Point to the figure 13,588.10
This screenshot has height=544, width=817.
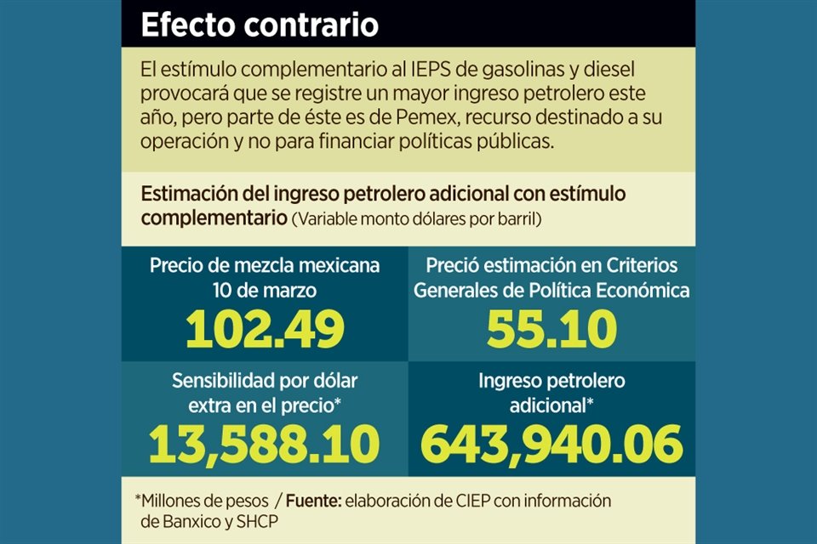click(x=265, y=442)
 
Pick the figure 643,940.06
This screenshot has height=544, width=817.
click(x=551, y=442)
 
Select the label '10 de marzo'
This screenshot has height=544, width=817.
click(x=265, y=290)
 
